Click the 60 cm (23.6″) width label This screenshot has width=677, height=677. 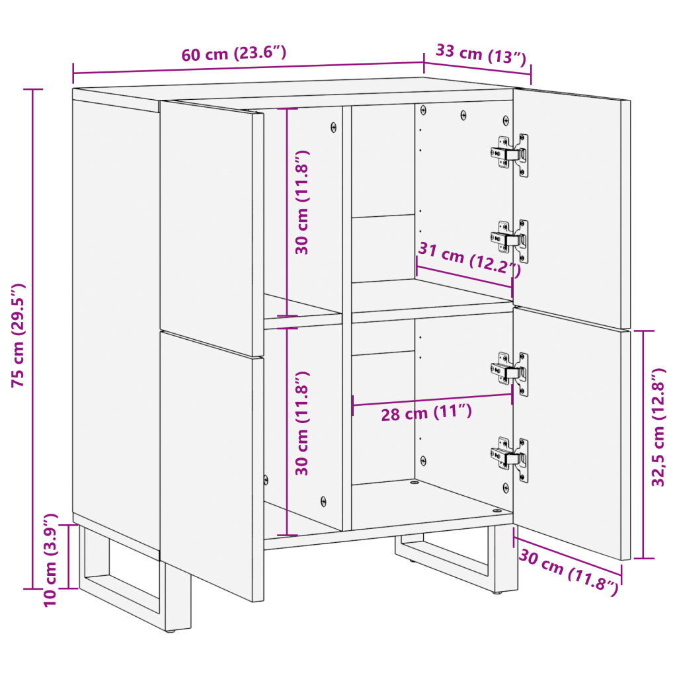233,54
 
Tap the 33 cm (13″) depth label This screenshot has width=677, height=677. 481,54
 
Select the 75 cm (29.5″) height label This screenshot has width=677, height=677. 18,335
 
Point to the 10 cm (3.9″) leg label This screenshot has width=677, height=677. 50,560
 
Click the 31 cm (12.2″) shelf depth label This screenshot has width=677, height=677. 470,259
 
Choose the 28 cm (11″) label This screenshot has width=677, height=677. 426,413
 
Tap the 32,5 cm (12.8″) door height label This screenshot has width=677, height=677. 658,428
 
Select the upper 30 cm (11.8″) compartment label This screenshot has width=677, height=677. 301,202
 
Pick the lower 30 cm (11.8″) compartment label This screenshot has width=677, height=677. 301,423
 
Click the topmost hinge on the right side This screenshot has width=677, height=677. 510,155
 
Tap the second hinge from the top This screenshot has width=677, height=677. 510,241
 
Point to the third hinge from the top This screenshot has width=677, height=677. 510,374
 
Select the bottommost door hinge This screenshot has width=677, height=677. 510,459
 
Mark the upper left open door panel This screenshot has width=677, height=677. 212,229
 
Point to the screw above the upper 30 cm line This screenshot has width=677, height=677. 333,127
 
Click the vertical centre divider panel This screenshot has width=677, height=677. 346,318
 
